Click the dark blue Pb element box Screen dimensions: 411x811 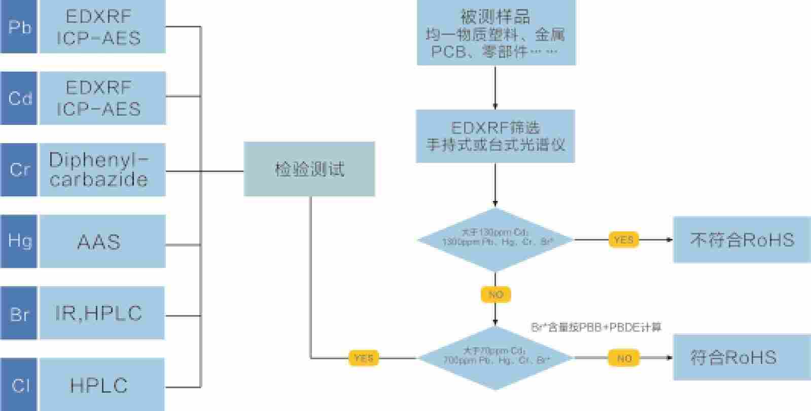point(19,26)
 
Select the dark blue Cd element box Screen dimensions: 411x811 point(19,98)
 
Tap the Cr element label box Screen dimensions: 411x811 point(19,169)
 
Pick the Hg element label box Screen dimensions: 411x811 point(19,241)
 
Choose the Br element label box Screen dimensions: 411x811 point(19,313)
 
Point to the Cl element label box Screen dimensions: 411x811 point(19,384)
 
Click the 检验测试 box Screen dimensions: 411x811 point(309,169)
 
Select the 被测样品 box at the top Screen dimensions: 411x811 point(496,32)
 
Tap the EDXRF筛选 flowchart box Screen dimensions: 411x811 point(495,136)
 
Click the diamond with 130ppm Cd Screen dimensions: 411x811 point(495,239)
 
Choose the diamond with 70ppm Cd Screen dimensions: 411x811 point(495,358)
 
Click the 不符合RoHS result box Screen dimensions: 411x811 point(742,239)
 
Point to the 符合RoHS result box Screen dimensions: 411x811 point(742,357)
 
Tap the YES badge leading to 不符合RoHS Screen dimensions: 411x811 point(623,239)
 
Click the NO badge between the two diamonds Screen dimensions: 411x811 point(496,294)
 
